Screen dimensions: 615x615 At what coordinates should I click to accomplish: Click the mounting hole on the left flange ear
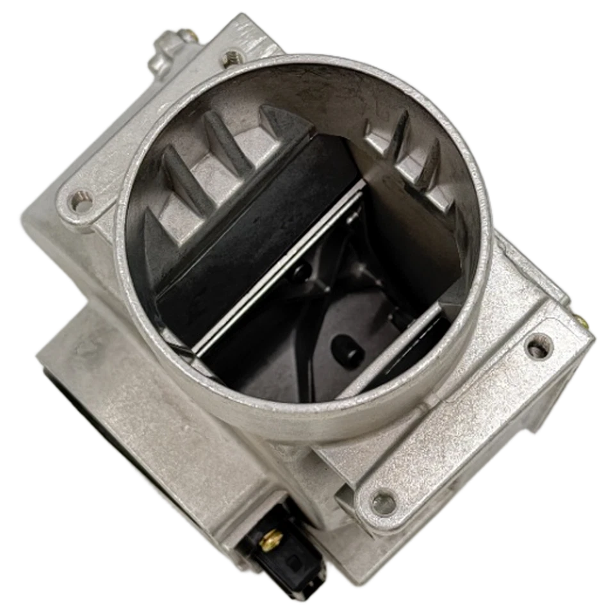tap(79, 204)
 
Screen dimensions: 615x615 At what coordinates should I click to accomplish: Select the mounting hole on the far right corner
tap(537, 347)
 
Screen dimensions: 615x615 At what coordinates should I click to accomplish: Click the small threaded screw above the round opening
tap(231, 58)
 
